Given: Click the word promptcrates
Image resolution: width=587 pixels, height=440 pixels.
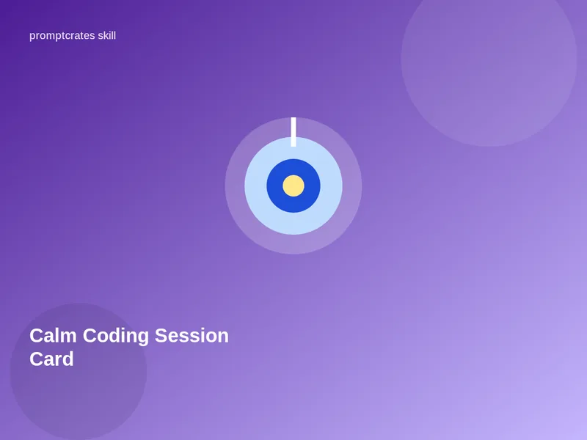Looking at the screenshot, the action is (62, 36).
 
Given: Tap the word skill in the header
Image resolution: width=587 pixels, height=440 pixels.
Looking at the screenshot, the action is (107, 35).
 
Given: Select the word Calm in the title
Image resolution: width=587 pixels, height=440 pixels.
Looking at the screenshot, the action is (53, 336).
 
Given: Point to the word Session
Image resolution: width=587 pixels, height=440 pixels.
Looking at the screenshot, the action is (192, 336).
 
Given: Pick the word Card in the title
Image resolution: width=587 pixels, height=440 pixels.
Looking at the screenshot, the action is (51, 359).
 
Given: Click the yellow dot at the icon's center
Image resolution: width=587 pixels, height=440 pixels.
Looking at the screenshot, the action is (293, 186).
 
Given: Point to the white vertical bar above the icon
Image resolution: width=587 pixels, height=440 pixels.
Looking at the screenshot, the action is (293, 132).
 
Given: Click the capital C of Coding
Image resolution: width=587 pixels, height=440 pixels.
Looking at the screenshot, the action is (90, 336).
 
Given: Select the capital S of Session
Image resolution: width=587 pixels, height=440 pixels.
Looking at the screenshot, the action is (161, 336).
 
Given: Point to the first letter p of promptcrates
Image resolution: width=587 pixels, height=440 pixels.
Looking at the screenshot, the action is (32, 37).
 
